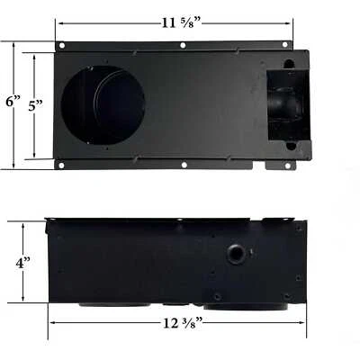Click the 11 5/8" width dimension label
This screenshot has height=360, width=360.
click(180, 22)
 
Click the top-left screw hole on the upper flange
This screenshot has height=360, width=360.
click(62, 45)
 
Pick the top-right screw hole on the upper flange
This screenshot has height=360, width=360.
click(285, 45)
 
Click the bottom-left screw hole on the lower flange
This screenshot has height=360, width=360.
click(62, 164)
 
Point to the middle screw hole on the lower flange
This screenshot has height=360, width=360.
click(183, 164)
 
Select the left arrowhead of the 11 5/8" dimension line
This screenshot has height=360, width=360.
click(58, 22)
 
